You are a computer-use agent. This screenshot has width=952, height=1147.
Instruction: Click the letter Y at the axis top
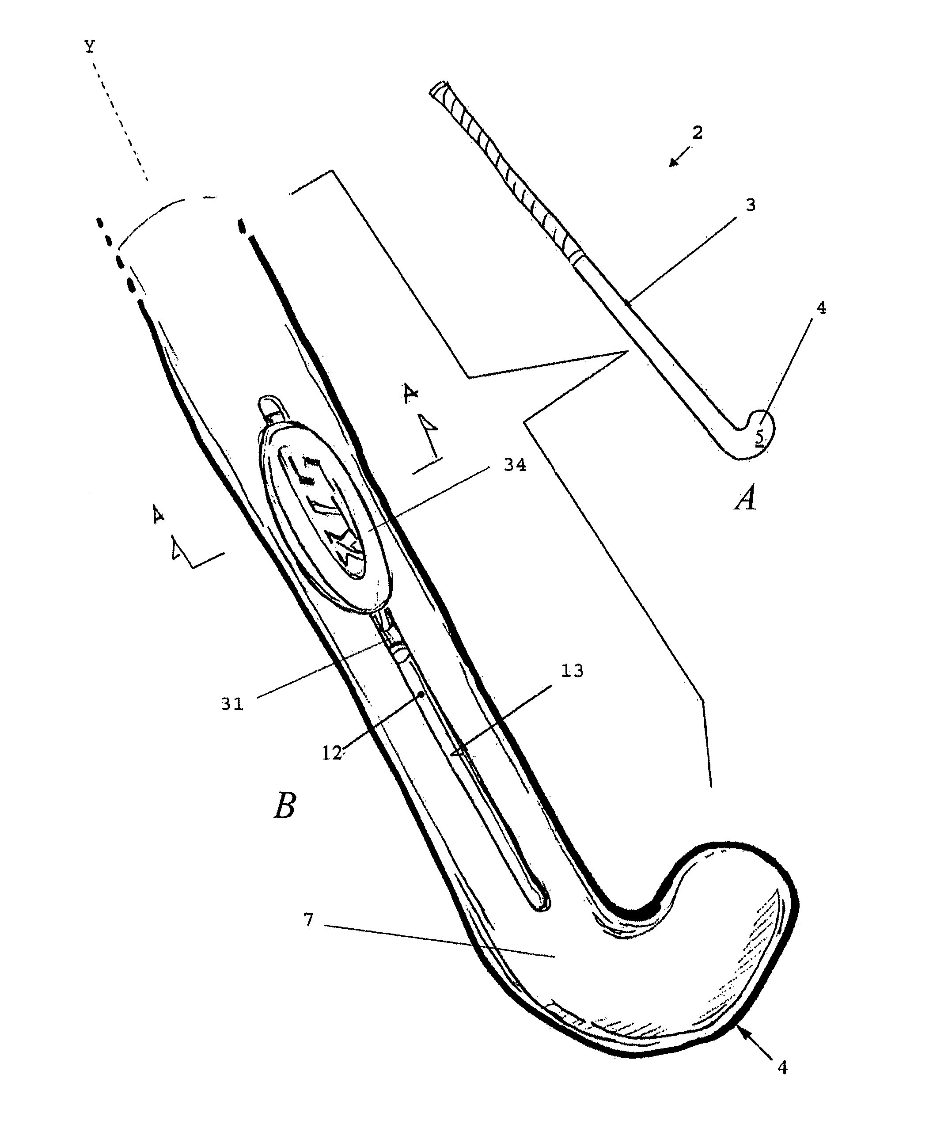[x=90, y=48]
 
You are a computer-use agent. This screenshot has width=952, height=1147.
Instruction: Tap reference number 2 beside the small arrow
[x=697, y=133]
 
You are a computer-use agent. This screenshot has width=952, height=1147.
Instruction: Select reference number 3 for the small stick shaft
[x=751, y=205]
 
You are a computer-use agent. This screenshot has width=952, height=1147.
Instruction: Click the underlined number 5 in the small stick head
[x=759, y=436]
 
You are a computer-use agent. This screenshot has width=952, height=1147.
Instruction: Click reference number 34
[x=515, y=465]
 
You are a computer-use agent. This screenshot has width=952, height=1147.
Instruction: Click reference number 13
[x=572, y=671]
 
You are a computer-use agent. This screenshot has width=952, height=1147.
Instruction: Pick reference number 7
[x=309, y=920]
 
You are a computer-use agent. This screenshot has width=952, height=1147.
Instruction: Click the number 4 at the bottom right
[x=782, y=1067]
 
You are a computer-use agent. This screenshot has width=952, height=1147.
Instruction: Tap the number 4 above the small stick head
[x=821, y=308]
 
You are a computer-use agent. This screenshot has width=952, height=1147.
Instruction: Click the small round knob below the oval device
[x=400, y=651]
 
